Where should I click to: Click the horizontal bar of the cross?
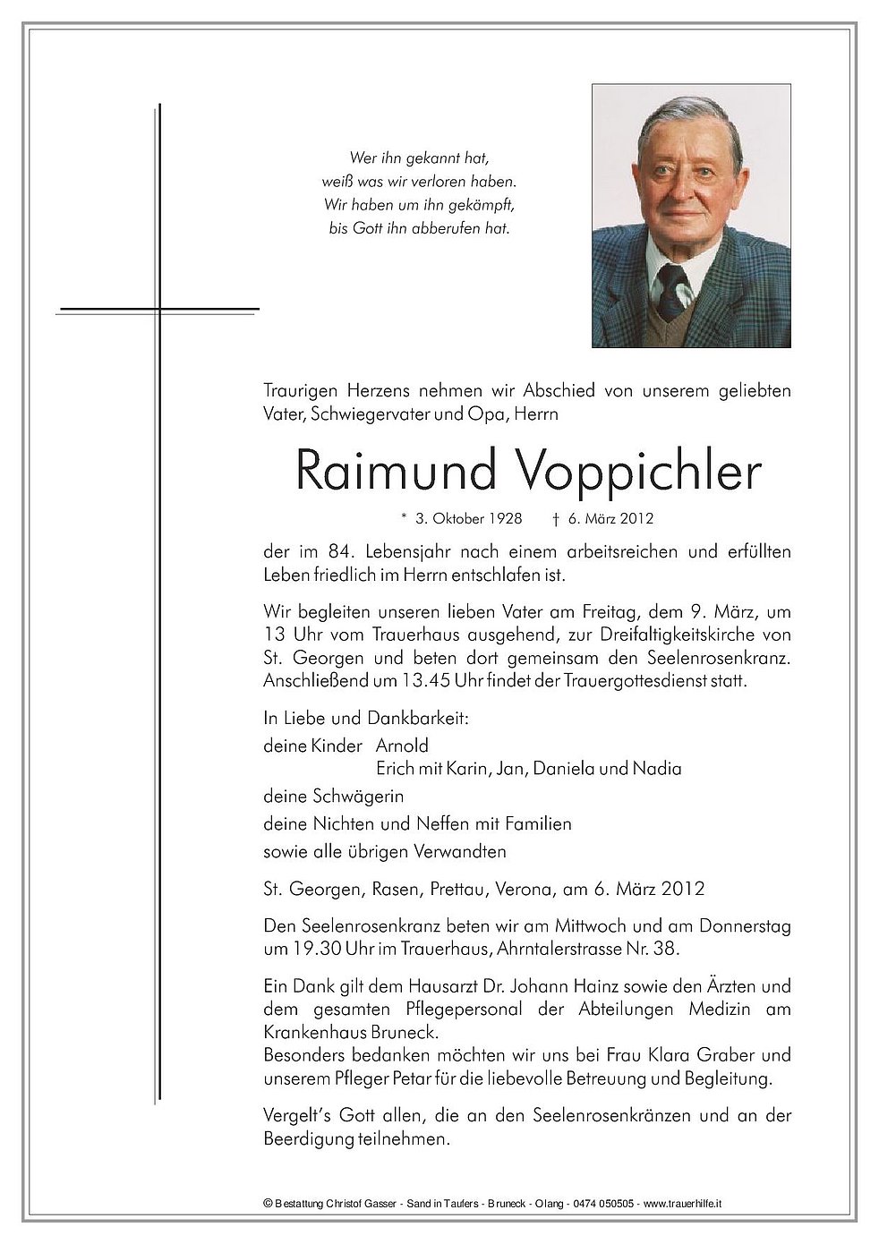tap(158, 310)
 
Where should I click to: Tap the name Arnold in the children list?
tap(402, 745)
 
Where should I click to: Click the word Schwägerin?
tap(359, 796)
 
